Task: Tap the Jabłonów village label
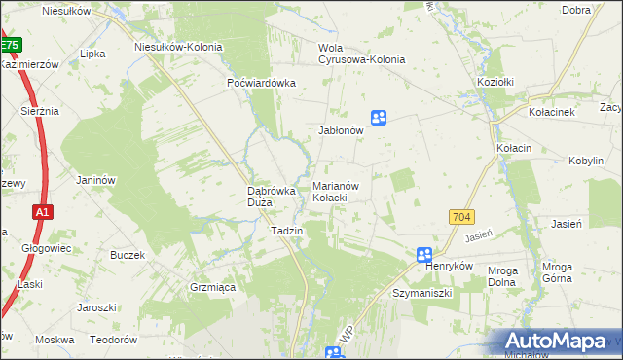coord(341,129)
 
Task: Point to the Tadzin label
coord(287,231)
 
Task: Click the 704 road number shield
coord(461,217)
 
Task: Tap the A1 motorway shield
coord(41,212)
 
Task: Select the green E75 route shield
coord(10,45)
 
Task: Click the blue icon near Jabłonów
coord(379,118)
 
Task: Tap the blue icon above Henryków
coord(424,255)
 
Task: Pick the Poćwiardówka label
coord(260,83)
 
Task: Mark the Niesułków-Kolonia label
coord(178,46)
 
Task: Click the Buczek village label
coord(128,255)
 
